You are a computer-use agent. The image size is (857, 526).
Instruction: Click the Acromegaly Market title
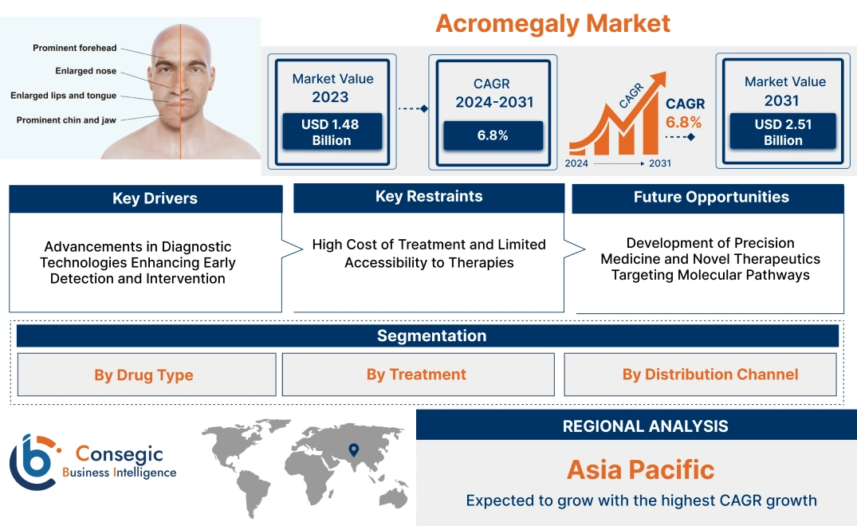click(552, 23)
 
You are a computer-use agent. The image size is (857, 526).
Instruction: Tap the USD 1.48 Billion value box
click(331, 132)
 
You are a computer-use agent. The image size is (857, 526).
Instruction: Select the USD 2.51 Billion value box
click(784, 132)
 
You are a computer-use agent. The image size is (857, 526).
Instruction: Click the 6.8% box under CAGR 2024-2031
click(492, 135)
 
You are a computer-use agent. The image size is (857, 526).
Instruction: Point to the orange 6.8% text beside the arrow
click(683, 122)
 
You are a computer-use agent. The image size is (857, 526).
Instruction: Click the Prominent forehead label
click(74, 49)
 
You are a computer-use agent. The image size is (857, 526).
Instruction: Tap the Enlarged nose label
click(85, 71)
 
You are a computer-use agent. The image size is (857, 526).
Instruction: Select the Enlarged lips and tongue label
click(63, 96)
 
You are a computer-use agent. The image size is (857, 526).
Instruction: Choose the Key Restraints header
click(429, 197)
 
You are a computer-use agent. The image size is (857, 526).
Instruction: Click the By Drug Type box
click(143, 375)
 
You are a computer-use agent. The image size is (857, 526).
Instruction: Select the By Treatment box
click(416, 375)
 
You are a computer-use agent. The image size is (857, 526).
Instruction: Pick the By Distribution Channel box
click(710, 375)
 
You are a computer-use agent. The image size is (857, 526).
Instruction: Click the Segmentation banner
click(431, 336)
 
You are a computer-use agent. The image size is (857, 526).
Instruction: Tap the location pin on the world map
click(353, 450)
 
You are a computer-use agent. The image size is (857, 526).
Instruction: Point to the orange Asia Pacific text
click(640, 469)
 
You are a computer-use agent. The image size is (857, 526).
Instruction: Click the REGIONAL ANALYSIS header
click(645, 426)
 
